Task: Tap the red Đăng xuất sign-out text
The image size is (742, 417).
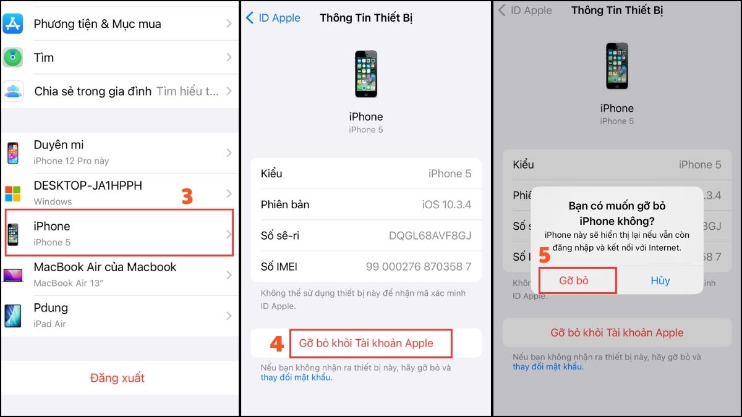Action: (117, 377)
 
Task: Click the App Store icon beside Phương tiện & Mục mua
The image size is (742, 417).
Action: (13, 23)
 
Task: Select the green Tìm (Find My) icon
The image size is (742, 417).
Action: (13, 57)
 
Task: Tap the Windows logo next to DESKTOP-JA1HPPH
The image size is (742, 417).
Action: (13, 193)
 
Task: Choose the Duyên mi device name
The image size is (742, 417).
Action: (59, 145)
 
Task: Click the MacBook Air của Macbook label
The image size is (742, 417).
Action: (104, 267)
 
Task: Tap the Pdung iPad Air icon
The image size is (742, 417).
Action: (13, 315)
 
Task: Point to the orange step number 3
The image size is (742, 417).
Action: (187, 196)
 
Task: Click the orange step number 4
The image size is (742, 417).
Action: (276, 343)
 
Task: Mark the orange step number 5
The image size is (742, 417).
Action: (544, 255)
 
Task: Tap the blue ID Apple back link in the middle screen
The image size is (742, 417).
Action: (273, 18)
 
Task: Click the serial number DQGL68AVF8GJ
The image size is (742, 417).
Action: (430, 235)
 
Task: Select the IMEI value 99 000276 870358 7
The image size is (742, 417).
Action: (418, 266)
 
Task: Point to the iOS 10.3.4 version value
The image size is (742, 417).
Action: (446, 204)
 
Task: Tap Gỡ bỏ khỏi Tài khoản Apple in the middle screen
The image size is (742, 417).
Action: (366, 343)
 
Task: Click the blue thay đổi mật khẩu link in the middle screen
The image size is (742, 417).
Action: (296, 377)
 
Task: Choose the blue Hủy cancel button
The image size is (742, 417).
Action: (660, 280)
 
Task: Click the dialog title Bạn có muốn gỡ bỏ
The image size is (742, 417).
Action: (616, 206)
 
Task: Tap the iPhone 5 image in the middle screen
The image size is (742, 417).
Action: (365, 74)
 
